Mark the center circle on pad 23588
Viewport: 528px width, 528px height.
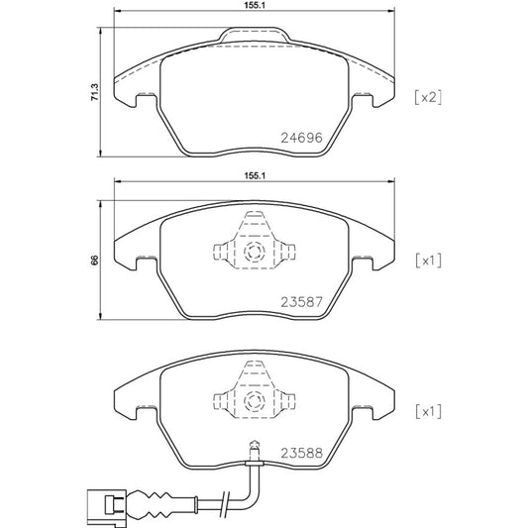[253, 402]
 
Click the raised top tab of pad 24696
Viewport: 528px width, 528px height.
[255, 37]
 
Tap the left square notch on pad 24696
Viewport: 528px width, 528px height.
[144, 99]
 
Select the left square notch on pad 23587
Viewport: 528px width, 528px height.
[144, 264]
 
